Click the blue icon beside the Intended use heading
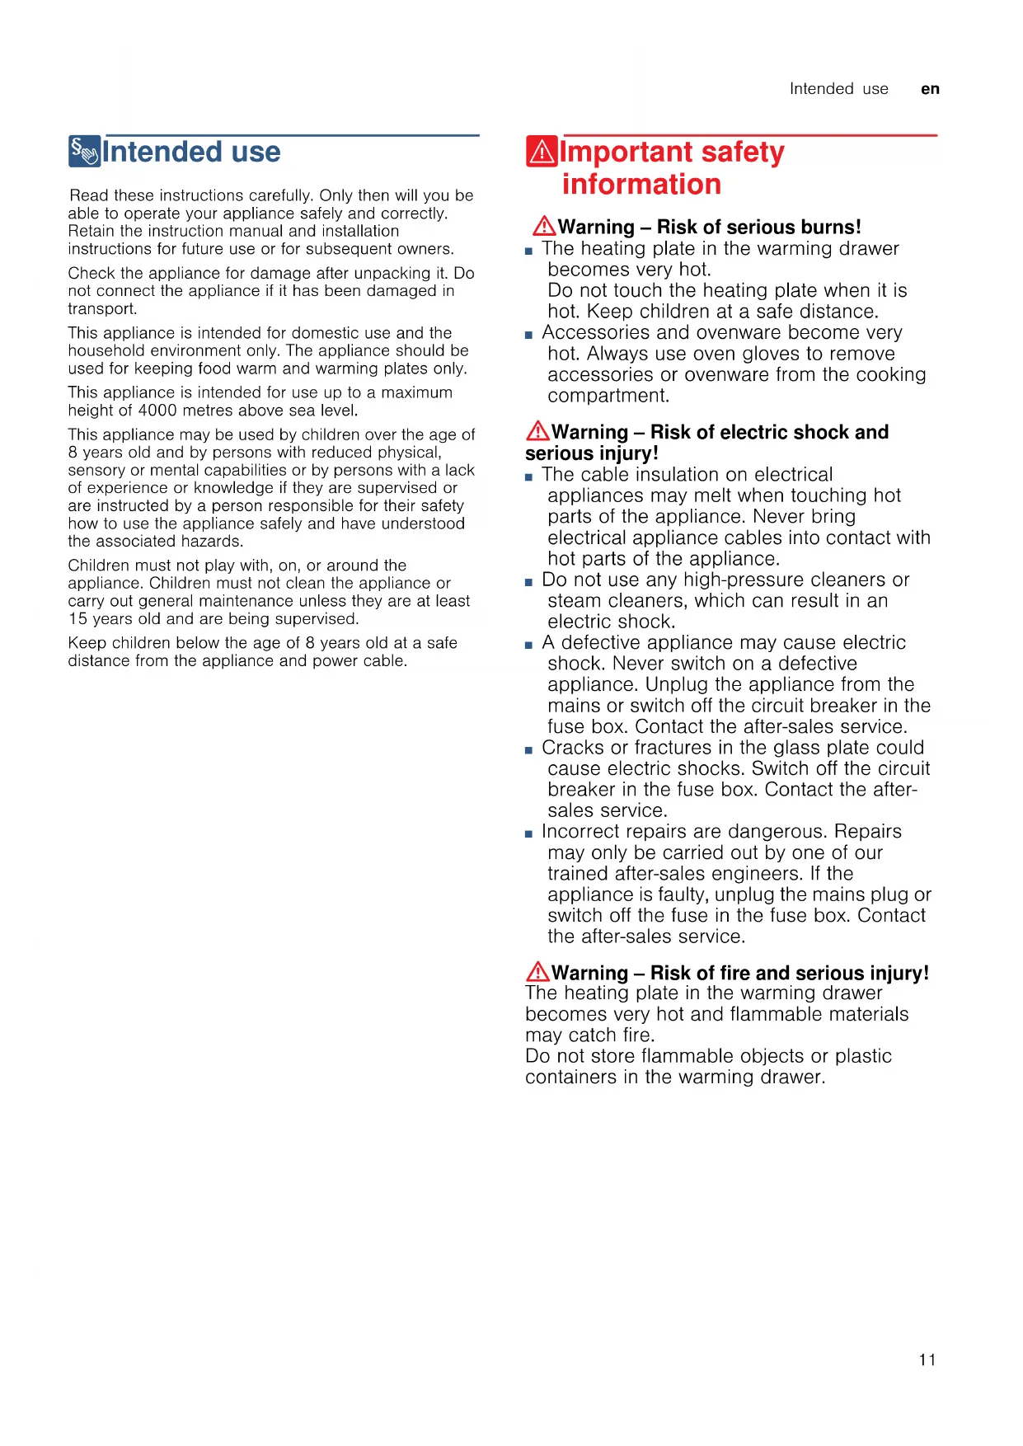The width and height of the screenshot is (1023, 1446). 85,152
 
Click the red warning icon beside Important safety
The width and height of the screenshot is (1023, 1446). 542,152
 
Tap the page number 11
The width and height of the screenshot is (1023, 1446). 927,1359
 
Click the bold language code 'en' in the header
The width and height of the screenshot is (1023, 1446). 930,89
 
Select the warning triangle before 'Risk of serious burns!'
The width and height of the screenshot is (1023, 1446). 544,225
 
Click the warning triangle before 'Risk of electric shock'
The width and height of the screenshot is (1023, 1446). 537,430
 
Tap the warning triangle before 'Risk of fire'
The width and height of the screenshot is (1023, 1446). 537,971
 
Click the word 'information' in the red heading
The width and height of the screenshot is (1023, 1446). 641,184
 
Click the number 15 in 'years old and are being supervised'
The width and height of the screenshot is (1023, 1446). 77,619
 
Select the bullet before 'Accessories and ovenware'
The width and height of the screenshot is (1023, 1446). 529,336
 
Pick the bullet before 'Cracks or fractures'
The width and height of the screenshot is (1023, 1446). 529,750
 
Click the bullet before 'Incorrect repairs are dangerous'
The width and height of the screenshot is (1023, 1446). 529,834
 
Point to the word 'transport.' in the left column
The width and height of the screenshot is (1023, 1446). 102,309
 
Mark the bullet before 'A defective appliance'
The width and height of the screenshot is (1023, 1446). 529,646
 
